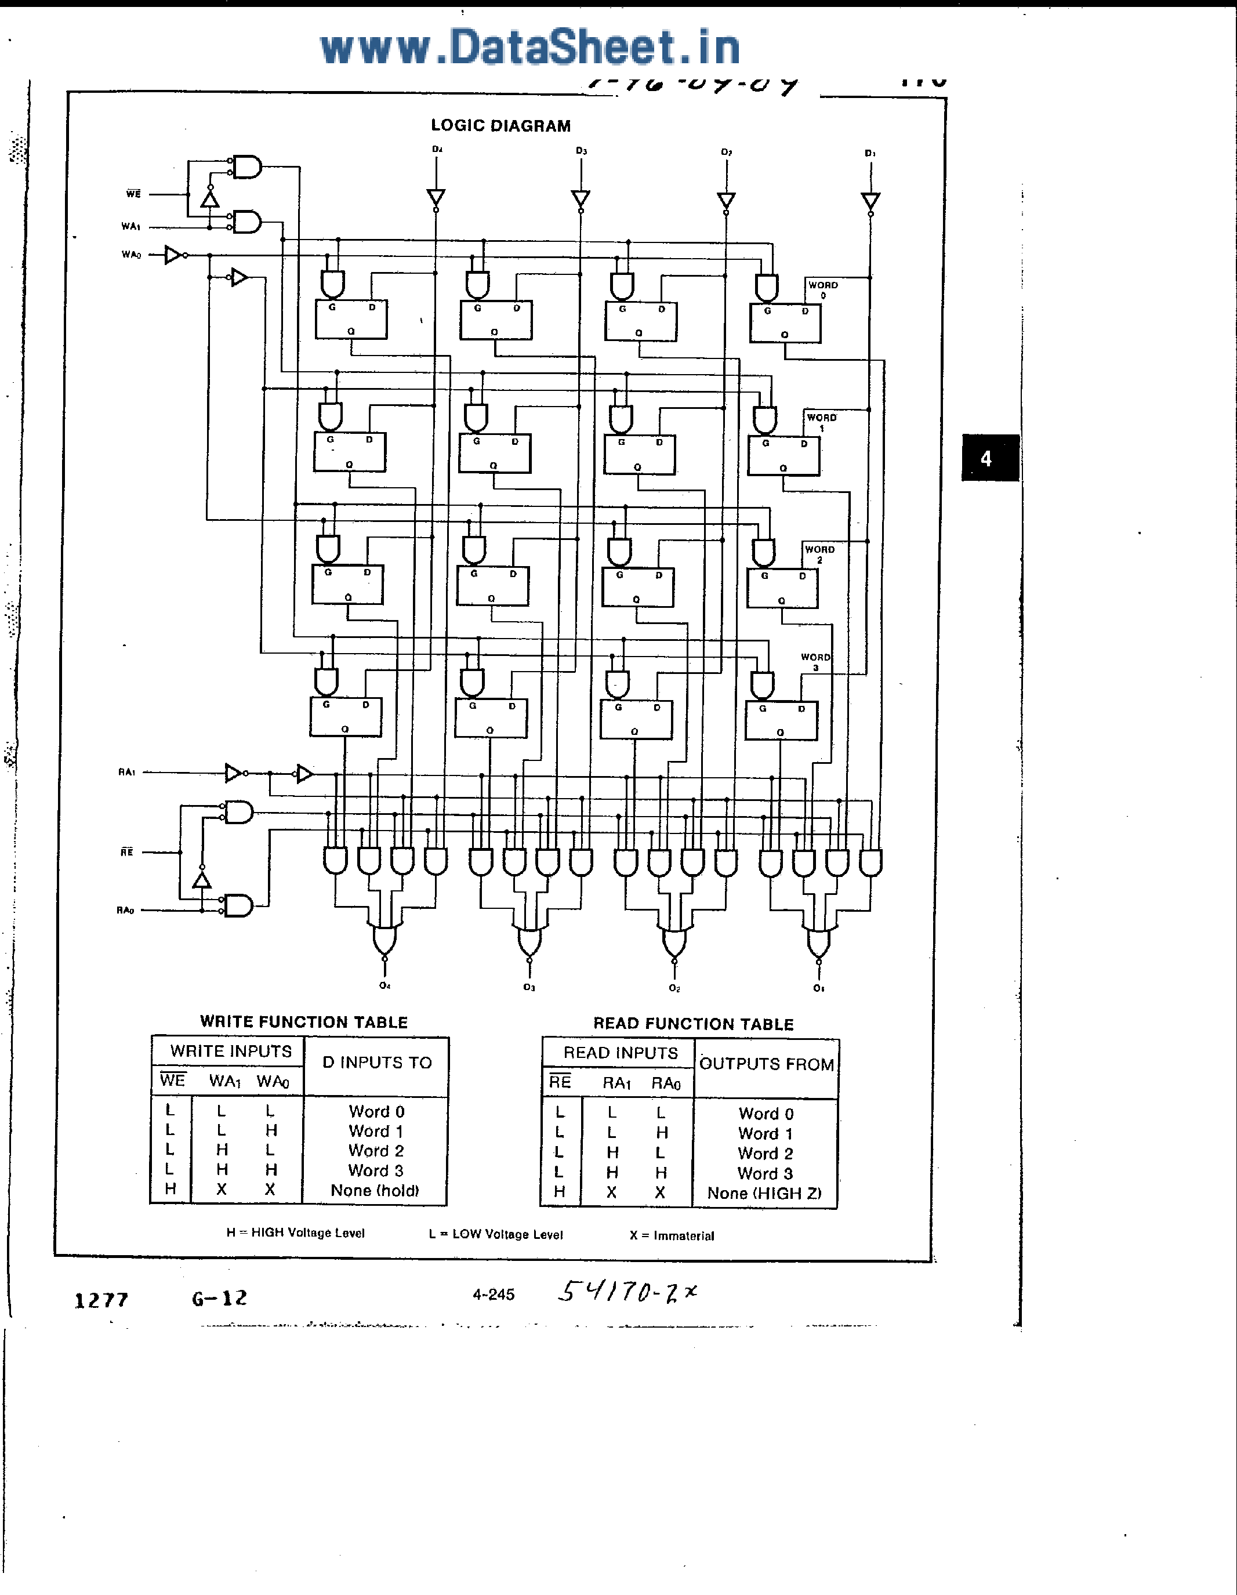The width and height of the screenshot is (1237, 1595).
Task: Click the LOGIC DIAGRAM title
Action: click(500, 126)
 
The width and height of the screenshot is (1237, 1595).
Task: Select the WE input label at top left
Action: click(133, 194)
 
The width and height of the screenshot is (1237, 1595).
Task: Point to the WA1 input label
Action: click(130, 226)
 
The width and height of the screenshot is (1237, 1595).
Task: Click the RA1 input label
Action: click(126, 772)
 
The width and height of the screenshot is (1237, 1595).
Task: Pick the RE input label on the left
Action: click(127, 852)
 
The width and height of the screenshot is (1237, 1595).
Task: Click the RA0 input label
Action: click(126, 910)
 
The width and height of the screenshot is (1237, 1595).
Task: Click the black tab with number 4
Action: click(989, 458)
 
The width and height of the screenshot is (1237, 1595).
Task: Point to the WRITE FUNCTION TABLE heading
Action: click(304, 1022)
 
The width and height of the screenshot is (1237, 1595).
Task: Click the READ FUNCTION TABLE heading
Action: click(693, 1024)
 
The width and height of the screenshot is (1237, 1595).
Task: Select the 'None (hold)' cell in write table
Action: click(375, 1190)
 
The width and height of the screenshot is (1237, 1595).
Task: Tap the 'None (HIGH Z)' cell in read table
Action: click(764, 1193)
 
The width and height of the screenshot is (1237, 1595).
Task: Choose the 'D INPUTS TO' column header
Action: click(377, 1063)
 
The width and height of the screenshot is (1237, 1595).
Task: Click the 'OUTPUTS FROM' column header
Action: click(766, 1064)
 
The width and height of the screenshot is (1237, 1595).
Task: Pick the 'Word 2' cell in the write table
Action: click(376, 1150)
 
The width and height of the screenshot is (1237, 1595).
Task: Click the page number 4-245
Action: click(494, 1295)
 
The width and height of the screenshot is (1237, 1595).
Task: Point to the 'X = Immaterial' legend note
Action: click(672, 1235)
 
